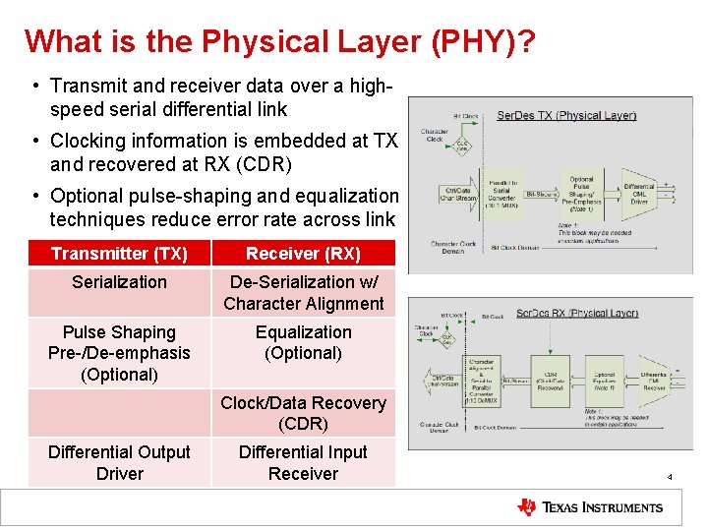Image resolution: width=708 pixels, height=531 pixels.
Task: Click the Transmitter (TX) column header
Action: coord(119,254)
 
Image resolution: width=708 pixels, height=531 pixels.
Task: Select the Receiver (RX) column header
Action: coord(303,254)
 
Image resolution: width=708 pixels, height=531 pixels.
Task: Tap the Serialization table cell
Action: coord(119,282)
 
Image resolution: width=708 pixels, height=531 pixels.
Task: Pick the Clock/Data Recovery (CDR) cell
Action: coord(303,413)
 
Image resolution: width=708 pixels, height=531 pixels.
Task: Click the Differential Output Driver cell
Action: coord(119,463)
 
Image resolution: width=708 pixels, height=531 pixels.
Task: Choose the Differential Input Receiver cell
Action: coord(303,463)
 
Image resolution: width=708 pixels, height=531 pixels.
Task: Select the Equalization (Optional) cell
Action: coord(303,342)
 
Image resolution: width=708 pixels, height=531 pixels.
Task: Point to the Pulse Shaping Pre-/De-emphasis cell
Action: coord(119,353)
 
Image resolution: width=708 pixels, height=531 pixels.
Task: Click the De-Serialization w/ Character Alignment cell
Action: coord(303,293)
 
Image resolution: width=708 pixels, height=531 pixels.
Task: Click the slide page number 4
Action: coord(670,477)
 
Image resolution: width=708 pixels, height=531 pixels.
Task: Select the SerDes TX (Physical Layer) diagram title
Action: coord(565,115)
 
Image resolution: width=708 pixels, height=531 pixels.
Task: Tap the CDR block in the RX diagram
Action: coord(546,380)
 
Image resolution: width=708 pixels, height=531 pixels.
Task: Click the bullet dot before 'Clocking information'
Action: coord(34,141)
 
